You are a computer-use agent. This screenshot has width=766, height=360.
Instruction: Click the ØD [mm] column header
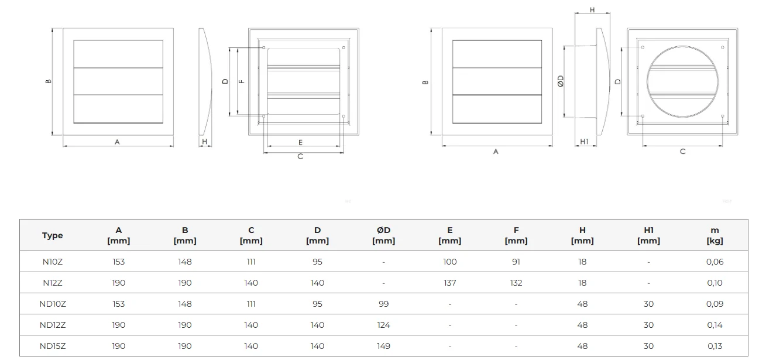[383, 235]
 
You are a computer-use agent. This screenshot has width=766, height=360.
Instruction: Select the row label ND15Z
[53, 346]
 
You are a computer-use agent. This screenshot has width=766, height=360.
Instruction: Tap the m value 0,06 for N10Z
[715, 262]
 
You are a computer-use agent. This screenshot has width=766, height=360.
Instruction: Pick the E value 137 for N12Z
[449, 283]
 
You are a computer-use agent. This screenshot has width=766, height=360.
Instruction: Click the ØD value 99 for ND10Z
[383, 304]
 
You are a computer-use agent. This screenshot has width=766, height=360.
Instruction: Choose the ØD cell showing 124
[383, 325]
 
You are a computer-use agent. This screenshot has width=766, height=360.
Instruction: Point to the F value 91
[516, 262]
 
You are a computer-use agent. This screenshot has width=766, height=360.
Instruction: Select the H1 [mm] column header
[648, 235]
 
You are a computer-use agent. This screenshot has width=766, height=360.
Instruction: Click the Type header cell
[52, 235]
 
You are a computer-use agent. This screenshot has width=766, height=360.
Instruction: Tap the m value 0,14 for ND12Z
[715, 325]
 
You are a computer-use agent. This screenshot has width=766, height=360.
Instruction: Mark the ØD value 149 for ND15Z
[383, 346]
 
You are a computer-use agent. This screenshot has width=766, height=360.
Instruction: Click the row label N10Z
[53, 262]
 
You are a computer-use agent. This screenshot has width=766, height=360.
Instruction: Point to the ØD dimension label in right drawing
[560, 81]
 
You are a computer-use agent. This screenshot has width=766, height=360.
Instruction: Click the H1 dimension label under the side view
[584, 141]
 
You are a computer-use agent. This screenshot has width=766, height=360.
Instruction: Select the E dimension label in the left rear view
[300, 142]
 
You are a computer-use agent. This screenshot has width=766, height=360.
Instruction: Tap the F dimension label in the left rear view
[242, 81]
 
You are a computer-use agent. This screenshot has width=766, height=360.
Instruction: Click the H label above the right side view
[592, 10]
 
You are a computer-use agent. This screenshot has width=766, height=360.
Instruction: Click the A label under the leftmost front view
[117, 142]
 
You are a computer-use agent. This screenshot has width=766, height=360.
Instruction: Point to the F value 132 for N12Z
[516, 283]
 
